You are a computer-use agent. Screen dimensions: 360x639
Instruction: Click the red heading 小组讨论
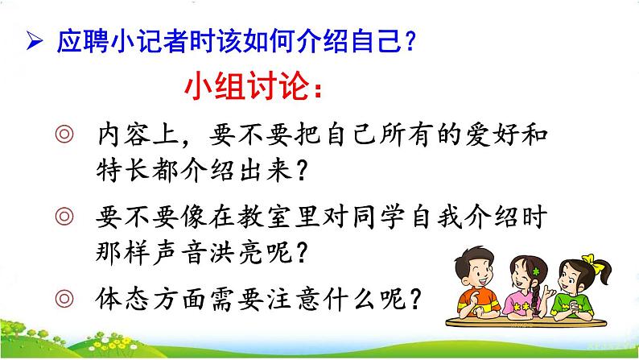click(245, 86)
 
